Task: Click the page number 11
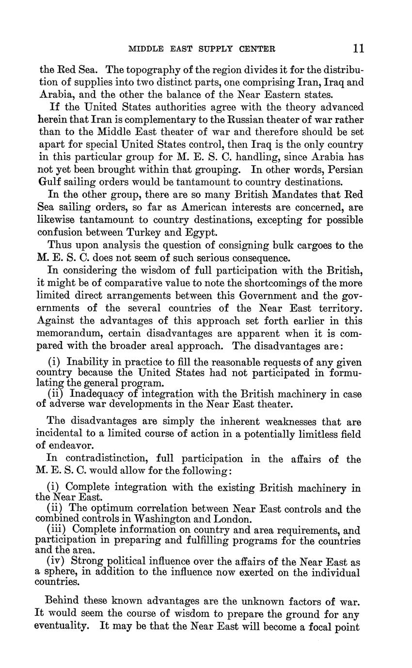coord(359,48)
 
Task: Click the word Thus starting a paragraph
coord(60,246)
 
